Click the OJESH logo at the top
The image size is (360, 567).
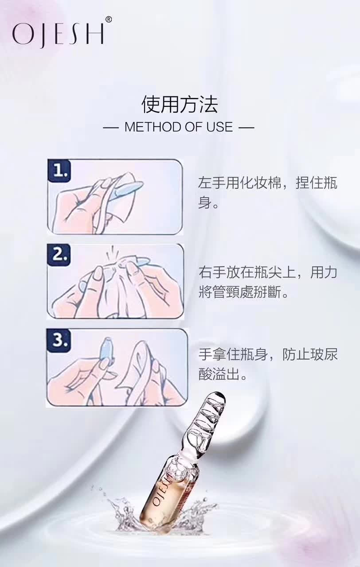[x=58, y=34]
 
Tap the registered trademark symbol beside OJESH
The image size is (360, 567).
[x=109, y=19]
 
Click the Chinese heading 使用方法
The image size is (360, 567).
[x=180, y=105]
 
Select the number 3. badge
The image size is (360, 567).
[x=59, y=340]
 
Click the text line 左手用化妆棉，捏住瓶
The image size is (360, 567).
[x=267, y=183]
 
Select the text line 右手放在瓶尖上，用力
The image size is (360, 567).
[x=267, y=272]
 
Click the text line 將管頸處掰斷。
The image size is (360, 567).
[x=243, y=293]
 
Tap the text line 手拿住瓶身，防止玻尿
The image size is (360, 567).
[x=267, y=355]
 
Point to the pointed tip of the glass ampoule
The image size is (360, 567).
[x=220, y=395]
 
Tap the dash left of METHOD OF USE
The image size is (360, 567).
[x=111, y=128]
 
